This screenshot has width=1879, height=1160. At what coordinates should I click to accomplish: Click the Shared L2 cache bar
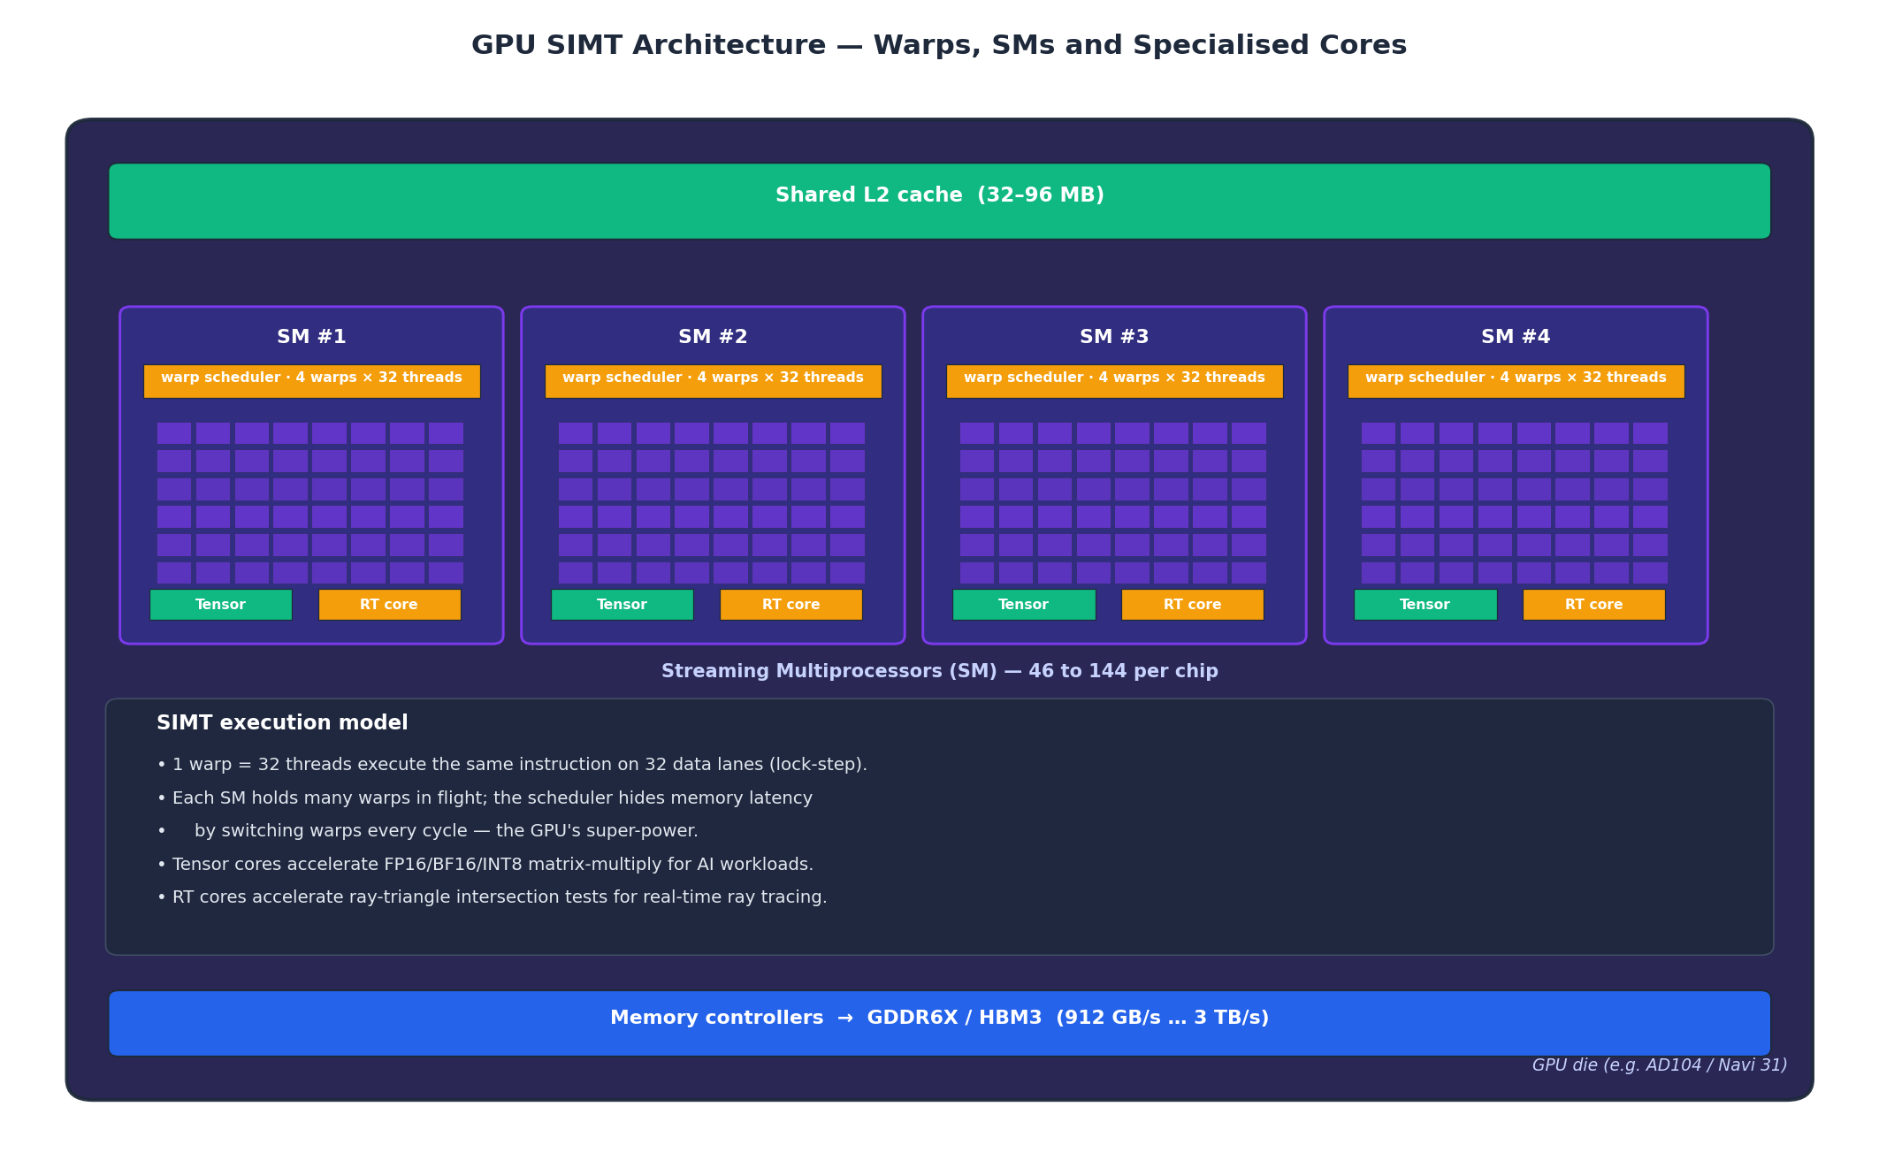click(939, 201)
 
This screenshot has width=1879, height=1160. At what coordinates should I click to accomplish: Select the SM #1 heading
click(311, 337)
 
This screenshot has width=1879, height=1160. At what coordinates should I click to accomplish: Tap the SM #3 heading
click(1114, 337)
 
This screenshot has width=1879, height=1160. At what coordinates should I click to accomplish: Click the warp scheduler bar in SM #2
click(713, 381)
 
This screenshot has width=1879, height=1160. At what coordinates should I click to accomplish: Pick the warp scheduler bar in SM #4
click(1516, 381)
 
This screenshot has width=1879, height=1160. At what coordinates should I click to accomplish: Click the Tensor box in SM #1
click(220, 605)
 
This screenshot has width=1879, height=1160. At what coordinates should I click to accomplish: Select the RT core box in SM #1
click(389, 605)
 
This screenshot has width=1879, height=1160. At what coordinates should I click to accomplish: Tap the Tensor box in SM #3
click(1023, 605)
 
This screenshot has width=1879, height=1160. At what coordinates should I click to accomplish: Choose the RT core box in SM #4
click(1593, 605)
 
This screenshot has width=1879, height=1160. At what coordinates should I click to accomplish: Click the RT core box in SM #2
click(791, 605)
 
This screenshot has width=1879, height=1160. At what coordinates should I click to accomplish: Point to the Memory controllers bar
click(939, 1023)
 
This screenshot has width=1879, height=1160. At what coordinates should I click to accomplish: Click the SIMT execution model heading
click(282, 723)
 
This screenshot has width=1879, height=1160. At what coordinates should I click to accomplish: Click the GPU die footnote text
click(1659, 1065)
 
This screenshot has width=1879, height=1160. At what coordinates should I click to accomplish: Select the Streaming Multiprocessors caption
click(939, 672)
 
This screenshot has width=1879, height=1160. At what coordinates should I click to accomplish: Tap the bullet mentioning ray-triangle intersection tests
click(492, 897)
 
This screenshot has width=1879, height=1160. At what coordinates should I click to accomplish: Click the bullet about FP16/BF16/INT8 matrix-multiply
click(485, 865)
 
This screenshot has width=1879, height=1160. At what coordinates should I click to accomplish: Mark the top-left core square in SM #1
click(174, 433)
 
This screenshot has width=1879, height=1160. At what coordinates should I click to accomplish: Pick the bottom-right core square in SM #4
click(1650, 573)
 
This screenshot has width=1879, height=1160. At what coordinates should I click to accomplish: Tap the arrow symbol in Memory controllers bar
click(845, 1019)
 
